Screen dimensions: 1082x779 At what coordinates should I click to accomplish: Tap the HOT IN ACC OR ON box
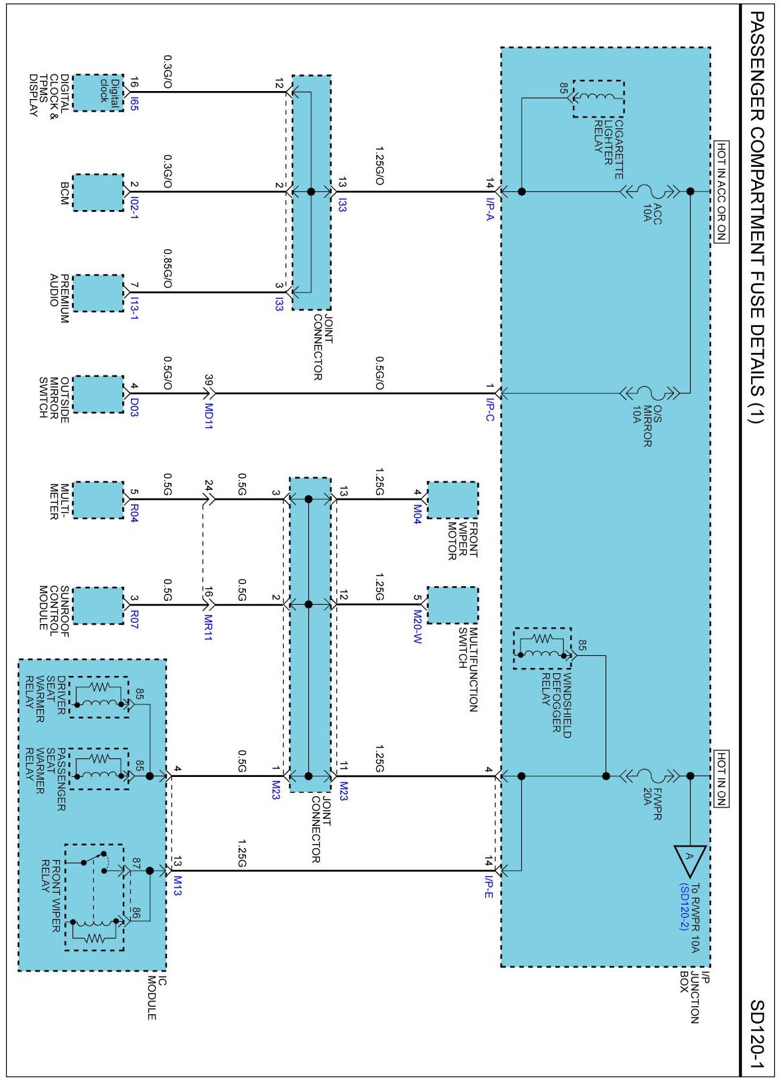(x=721, y=192)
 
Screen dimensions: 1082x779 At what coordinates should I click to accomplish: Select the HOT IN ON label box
(x=721, y=778)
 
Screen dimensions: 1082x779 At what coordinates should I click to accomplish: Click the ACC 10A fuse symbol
(x=651, y=191)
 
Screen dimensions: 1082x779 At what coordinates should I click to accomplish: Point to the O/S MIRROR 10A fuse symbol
(x=649, y=393)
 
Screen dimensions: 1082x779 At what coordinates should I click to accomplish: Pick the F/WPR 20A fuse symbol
(x=649, y=776)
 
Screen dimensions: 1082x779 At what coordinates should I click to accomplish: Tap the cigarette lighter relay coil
(x=598, y=98)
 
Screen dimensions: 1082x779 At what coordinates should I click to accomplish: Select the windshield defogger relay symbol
(x=542, y=648)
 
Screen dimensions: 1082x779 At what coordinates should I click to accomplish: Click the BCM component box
(x=98, y=193)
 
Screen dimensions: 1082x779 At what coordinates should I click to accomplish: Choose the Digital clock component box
(x=98, y=93)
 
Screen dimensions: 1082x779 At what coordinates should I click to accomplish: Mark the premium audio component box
(x=98, y=293)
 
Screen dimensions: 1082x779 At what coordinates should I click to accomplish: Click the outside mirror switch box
(x=98, y=394)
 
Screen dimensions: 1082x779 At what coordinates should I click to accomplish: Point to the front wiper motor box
(x=452, y=500)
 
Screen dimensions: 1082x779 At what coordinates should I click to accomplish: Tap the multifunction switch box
(x=452, y=605)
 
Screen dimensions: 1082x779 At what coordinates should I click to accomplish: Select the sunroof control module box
(x=98, y=605)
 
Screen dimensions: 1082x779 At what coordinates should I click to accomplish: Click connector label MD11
(x=209, y=416)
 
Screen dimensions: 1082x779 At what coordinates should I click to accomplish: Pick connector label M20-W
(x=417, y=627)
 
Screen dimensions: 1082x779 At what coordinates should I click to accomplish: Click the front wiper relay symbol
(x=94, y=897)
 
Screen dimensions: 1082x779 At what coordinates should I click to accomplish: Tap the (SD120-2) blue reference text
(x=683, y=907)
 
